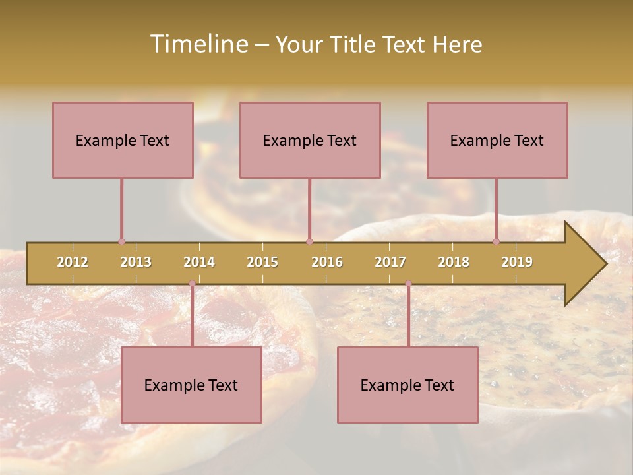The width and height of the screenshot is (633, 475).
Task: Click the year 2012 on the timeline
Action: click(x=73, y=262)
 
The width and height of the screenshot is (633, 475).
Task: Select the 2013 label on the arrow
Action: click(x=136, y=262)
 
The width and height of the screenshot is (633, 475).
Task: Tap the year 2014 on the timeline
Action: click(x=199, y=262)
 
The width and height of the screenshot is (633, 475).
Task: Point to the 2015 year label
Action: click(x=262, y=262)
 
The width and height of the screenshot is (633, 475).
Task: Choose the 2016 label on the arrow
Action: click(x=327, y=262)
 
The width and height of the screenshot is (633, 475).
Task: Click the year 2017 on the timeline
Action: click(x=390, y=262)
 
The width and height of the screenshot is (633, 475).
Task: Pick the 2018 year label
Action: click(x=454, y=262)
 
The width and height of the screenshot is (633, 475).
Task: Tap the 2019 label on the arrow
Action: click(x=517, y=262)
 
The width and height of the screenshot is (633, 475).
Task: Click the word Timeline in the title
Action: click(x=198, y=44)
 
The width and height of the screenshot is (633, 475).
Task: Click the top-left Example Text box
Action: click(x=123, y=140)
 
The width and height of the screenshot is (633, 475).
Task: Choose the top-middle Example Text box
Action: click(x=310, y=140)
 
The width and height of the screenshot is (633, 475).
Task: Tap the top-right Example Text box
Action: click(x=497, y=140)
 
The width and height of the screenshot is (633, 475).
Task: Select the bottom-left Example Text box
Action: click(x=191, y=385)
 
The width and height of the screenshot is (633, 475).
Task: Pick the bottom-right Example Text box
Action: click(x=407, y=385)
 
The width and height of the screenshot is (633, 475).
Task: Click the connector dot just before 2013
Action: click(x=121, y=241)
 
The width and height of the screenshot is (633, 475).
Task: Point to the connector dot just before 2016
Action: click(x=310, y=241)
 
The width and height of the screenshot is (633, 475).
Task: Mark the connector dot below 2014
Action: click(x=192, y=284)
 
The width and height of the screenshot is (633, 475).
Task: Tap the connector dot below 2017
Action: click(x=408, y=284)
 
